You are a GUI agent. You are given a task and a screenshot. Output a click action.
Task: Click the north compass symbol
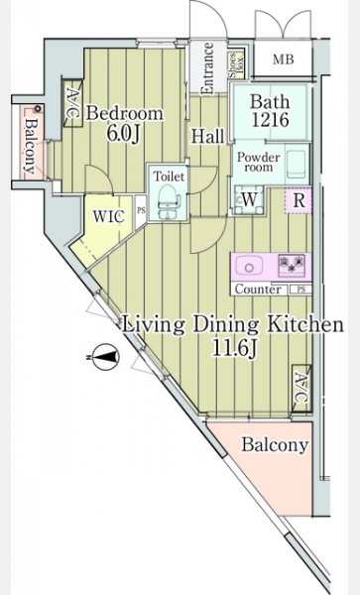[105, 356]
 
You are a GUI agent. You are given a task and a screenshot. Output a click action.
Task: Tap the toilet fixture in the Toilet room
[168, 200]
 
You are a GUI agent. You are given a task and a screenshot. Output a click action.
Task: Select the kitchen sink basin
[249, 265]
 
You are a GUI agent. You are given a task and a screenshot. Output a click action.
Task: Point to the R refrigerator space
[299, 200]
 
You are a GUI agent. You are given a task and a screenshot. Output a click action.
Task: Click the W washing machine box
[249, 199]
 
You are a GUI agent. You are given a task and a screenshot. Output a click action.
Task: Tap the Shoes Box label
[236, 65]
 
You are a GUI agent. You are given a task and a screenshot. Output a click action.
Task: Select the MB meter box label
[284, 59]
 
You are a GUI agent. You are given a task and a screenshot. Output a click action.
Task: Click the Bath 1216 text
[270, 111]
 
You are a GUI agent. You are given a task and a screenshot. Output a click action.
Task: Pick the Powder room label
[258, 162]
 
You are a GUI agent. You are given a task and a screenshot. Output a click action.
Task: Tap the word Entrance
[208, 68]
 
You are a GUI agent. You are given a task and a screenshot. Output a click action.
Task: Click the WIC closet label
[109, 216]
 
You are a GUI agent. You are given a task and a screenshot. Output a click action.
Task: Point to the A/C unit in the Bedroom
[72, 103]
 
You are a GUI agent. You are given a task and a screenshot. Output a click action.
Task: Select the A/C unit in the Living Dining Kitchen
[301, 388]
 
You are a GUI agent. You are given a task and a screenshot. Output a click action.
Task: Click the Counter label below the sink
[258, 290]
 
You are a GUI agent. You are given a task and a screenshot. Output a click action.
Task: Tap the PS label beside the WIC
[141, 210]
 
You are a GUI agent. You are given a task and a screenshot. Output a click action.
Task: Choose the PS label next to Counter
[300, 290]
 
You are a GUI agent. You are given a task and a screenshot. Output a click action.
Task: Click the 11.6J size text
[234, 348]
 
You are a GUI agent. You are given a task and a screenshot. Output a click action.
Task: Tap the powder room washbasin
[297, 164]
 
